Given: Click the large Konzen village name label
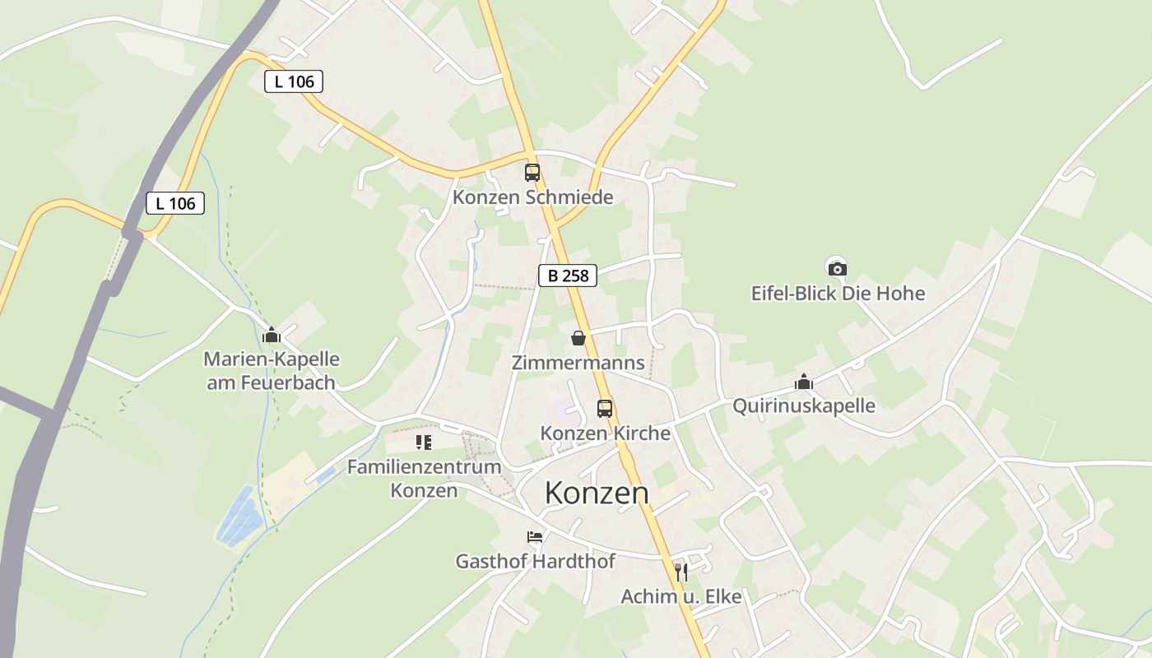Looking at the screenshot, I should click(597, 493).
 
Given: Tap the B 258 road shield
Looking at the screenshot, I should click(568, 276).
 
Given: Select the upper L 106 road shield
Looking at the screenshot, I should click(294, 81).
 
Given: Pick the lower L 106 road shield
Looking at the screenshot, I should click(175, 203).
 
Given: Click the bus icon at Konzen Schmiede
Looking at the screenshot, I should click(532, 173).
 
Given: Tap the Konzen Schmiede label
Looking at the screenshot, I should click(533, 198).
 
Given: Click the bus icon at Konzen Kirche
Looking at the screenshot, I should click(605, 408).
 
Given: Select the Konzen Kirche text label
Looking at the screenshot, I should click(605, 433).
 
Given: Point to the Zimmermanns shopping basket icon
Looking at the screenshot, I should click(578, 338).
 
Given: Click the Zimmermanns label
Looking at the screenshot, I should click(578, 363).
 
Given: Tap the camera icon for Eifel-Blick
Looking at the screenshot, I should click(837, 268).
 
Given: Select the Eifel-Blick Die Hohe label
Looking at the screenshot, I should click(838, 294).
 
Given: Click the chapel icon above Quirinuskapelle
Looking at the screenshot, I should click(804, 382).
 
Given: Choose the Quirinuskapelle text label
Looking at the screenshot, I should click(804, 406).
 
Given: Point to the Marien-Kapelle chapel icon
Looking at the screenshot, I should click(272, 335).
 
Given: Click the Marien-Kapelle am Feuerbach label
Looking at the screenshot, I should click(271, 371).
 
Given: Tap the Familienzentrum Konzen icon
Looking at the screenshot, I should click(424, 443).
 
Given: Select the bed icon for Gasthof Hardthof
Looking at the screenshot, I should click(535, 537).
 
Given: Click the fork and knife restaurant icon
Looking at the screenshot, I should click(681, 572).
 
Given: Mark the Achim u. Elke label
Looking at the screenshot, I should click(681, 596).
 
